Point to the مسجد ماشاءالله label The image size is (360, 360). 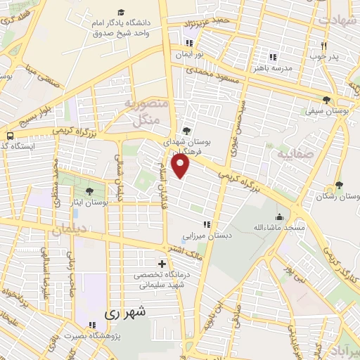pyautogui.click(x=280, y=228)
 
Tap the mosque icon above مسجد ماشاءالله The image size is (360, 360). pyautogui.click(x=280, y=217)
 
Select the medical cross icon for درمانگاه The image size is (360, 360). pyautogui.click(x=162, y=263)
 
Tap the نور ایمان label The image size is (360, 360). pyautogui.click(x=190, y=53)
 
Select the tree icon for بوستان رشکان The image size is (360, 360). pyautogui.click(x=340, y=185)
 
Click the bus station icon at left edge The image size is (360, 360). pyautogui.click(x=10, y=136)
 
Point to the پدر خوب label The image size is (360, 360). pyautogui.click(x=326, y=56)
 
